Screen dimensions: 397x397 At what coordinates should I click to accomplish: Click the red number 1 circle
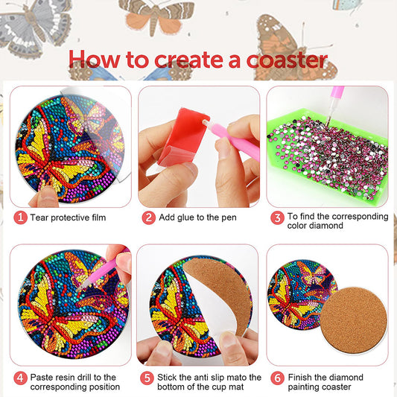[20, 217]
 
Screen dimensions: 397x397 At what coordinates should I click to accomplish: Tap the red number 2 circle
[149, 217]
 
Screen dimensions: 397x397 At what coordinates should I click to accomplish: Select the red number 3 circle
[276, 217]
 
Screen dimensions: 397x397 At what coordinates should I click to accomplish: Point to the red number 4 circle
[20, 378]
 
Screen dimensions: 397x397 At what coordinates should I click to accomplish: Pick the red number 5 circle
[149, 378]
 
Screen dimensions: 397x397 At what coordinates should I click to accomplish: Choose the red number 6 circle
[276, 378]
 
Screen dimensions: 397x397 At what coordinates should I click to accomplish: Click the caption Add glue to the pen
[200, 217]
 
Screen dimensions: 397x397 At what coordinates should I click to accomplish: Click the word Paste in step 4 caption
[43, 378]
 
